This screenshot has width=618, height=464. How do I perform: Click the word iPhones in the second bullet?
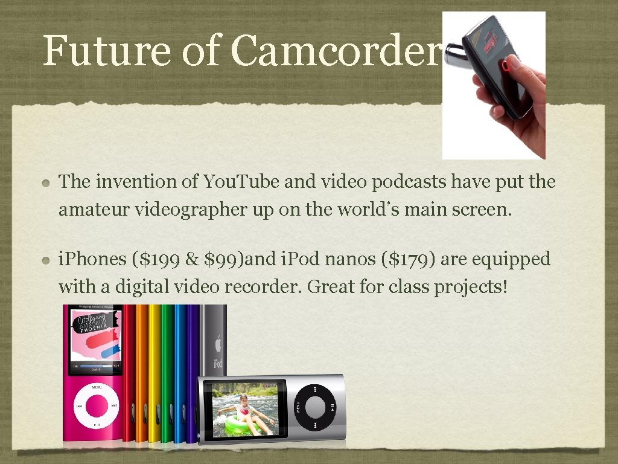[x=89, y=260]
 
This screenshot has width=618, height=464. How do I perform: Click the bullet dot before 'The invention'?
[x=47, y=182]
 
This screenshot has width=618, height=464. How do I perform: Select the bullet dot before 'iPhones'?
[x=47, y=260]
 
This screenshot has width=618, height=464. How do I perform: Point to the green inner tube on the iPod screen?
[x=241, y=425]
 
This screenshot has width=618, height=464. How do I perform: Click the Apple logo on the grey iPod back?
[x=217, y=344]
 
